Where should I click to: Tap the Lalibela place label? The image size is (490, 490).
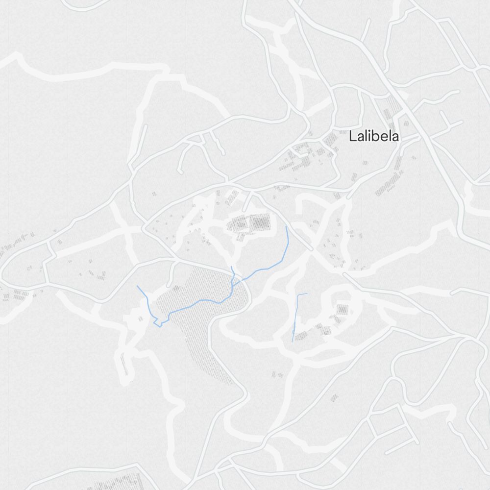[x=373, y=137]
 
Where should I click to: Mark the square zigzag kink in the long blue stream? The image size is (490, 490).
[x=158, y=323]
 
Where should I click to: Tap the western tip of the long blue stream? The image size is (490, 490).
[x=138, y=286]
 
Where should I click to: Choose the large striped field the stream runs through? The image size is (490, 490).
[x=206, y=323]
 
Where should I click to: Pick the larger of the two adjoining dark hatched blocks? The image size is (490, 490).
[x=260, y=223]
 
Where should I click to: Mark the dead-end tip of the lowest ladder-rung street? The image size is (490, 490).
[x=388, y=453]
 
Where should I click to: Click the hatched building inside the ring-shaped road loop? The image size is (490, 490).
[x=343, y=310]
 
